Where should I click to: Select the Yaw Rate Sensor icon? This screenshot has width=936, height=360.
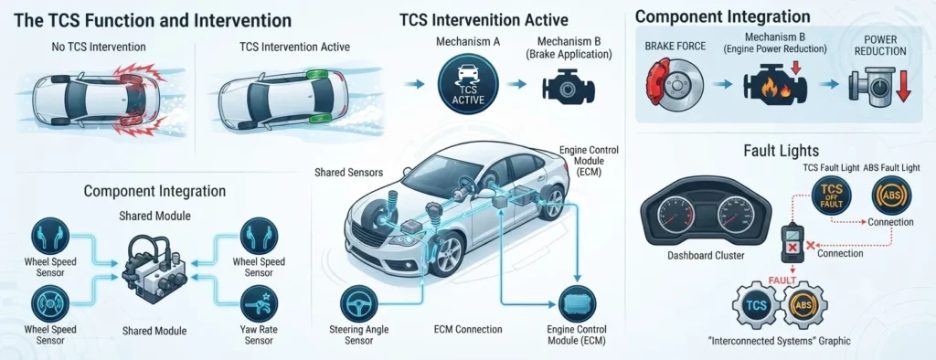[x=259, y=304]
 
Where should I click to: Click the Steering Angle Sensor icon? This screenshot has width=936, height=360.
[x=358, y=304]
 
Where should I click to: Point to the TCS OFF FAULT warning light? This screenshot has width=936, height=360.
[x=832, y=196]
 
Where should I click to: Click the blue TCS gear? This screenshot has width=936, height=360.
[x=755, y=305]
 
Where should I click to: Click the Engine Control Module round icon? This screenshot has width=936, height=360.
[x=577, y=304]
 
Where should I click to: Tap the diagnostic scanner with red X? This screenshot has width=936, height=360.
[x=793, y=244]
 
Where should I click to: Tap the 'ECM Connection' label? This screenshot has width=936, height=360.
[x=467, y=329]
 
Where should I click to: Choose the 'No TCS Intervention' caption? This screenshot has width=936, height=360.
[x=99, y=46]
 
